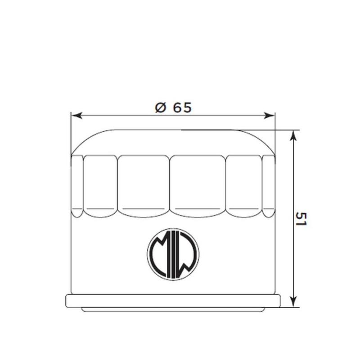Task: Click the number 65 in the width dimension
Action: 181,108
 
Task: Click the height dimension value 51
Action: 301,219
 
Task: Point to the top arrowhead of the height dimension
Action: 293,135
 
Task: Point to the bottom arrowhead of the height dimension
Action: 293,302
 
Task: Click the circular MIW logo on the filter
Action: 173,254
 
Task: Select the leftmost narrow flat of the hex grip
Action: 77,184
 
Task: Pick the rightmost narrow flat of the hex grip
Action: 269,184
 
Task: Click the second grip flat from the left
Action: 100,184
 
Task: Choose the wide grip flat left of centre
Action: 144,184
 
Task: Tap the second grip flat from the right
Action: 243,184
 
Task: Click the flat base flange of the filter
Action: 173,301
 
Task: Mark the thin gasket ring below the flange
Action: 173,310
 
